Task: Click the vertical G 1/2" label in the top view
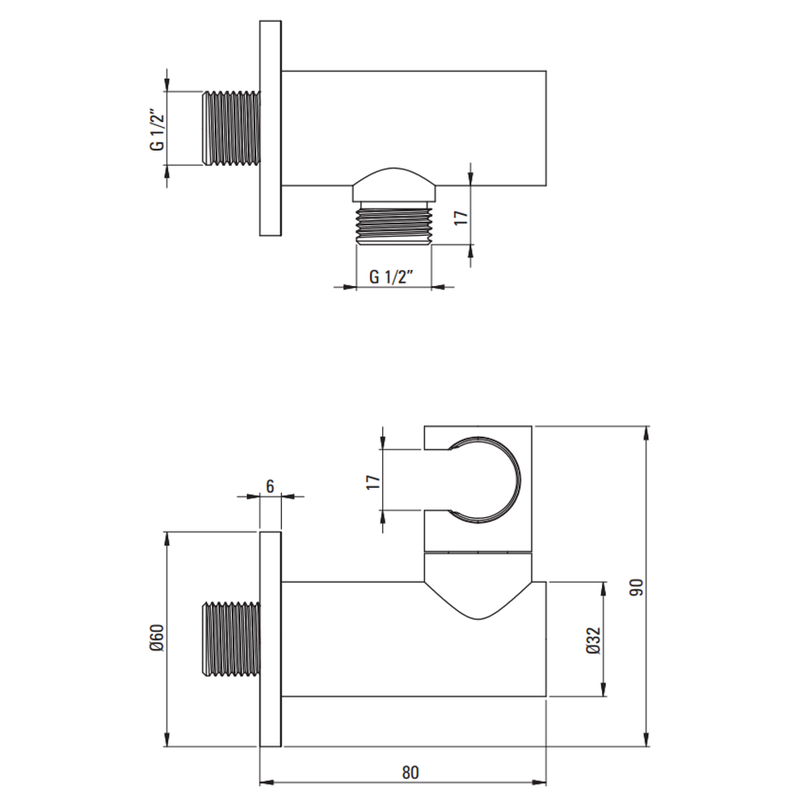pos(158,129)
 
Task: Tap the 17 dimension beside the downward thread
pos(461,216)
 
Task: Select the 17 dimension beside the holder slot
pos(373,482)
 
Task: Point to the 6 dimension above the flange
pos(270,486)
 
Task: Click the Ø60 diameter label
pos(157,638)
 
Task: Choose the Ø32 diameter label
pos(593,641)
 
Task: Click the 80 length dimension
pos(410,772)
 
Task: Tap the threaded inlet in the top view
pos(231,128)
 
